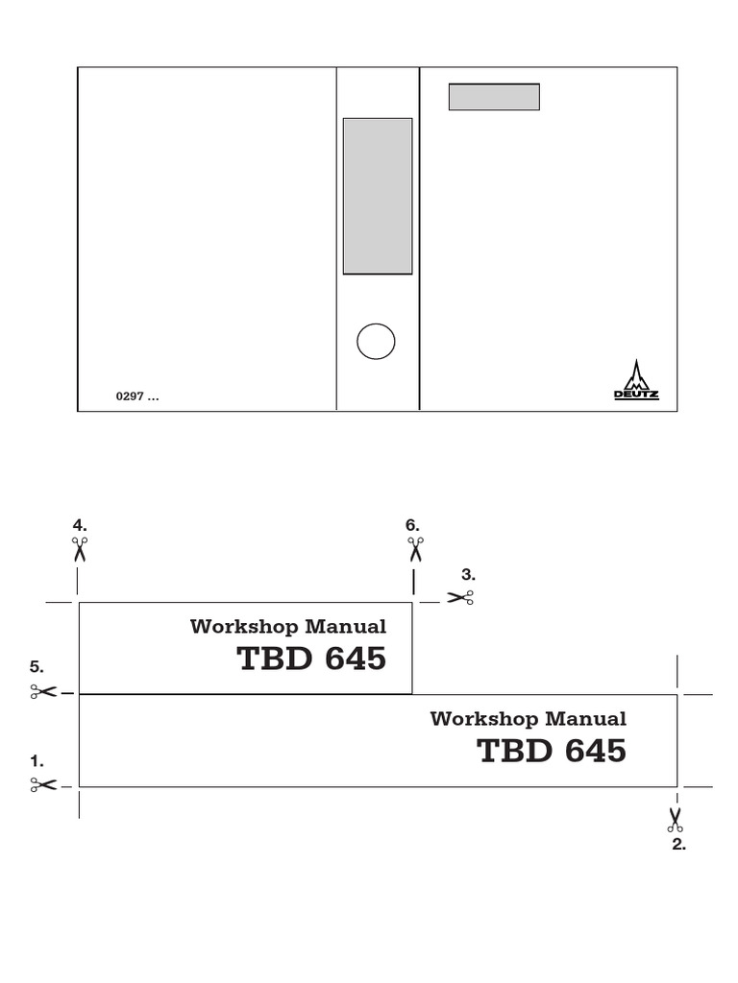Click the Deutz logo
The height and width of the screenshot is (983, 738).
click(x=636, y=381)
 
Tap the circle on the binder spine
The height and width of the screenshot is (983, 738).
click(x=376, y=341)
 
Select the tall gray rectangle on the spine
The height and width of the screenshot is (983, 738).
click(x=378, y=196)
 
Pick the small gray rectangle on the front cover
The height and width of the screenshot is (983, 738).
click(x=494, y=97)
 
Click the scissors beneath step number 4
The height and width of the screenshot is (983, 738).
click(x=79, y=549)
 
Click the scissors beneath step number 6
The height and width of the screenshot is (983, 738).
click(x=415, y=549)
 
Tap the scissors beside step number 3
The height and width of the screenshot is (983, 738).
click(x=460, y=597)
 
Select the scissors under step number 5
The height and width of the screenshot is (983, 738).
click(x=43, y=691)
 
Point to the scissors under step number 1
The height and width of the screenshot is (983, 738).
click(x=43, y=785)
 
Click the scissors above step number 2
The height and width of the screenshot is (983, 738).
click(x=676, y=820)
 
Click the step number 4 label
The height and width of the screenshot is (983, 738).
click(x=80, y=525)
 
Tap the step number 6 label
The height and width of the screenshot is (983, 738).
click(x=412, y=525)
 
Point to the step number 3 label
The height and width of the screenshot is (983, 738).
click(x=468, y=575)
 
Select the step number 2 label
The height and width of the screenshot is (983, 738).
click(x=678, y=845)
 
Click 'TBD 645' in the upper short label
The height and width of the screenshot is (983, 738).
click(x=311, y=659)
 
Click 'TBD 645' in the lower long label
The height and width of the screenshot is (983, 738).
click(x=551, y=752)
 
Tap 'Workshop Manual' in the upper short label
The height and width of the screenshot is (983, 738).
click(x=288, y=627)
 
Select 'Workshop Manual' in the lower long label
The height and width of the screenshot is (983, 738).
click(x=528, y=719)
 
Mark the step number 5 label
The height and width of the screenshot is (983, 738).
click(x=37, y=666)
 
